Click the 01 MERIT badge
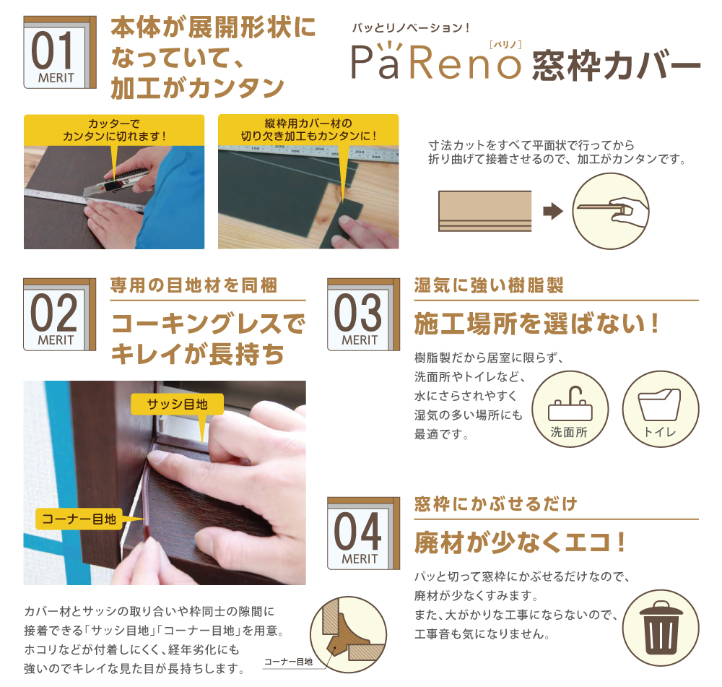(60, 52)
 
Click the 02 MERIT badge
(60, 314)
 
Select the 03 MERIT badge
(363, 314)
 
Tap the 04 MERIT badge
(363, 533)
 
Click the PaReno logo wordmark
(435, 61)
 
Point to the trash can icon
(661, 628)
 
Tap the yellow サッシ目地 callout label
(178, 404)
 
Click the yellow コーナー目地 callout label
(79, 519)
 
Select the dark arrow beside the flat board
(553, 211)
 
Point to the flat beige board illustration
(485, 210)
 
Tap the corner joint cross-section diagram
(348, 634)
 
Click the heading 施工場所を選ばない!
(536, 324)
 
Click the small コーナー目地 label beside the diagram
(288, 662)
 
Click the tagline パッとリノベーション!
(411, 27)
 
